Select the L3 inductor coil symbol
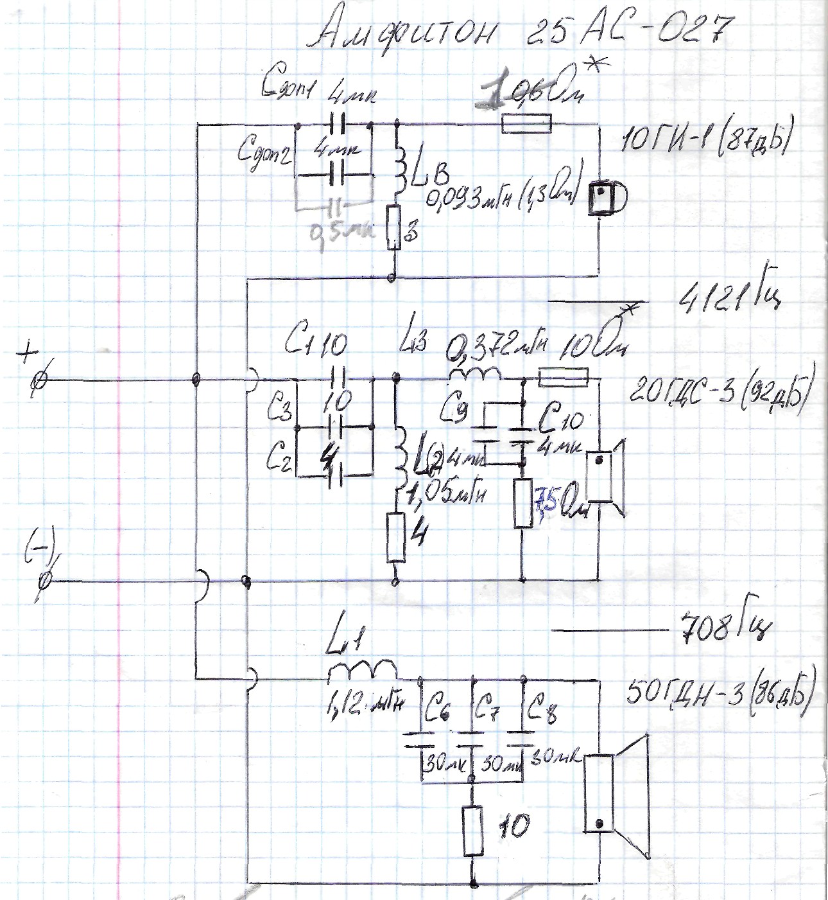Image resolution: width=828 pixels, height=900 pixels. pos(475,373)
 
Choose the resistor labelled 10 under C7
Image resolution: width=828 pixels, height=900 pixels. pos(473,830)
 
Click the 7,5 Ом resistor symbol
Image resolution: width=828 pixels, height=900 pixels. pos(524,503)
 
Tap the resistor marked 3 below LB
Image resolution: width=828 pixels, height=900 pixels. pos(392,227)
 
